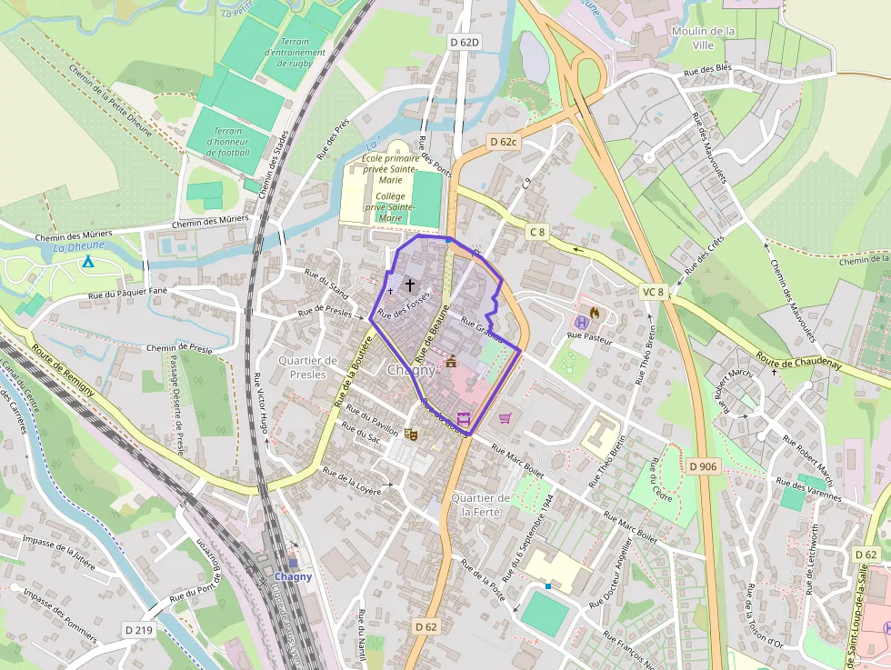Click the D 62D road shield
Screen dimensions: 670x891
pos(463,42)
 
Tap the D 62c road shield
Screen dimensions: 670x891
pos(503,142)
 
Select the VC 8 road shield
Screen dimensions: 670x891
pos(653,292)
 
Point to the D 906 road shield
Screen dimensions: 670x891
pos(703,466)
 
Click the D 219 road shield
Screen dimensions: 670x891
pos(139,629)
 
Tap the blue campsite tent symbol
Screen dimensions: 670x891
pos(88,263)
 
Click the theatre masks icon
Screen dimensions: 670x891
pos(410,435)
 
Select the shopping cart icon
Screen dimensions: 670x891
pos(505,417)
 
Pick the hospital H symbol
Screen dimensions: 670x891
pos(579,322)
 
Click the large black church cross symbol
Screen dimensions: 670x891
pos(410,285)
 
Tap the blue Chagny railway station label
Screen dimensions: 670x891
pos(294,576)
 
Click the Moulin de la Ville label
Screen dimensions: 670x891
pos(702,37)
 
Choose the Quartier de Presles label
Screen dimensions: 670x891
pos(308,367)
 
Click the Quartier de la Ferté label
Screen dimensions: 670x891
pos(481,505)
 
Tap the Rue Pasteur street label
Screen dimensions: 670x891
pos(589,336)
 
